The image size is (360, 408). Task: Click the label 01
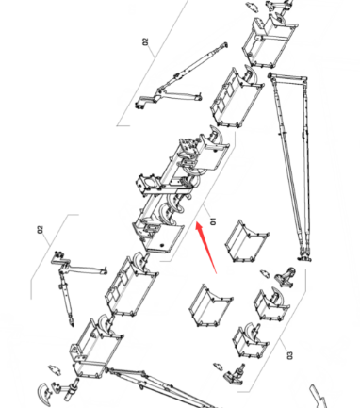[213, 221]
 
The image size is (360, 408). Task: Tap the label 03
[289, 355]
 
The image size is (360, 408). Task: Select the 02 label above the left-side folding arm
[41, 230]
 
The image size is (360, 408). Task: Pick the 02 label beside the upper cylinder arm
[145, 41]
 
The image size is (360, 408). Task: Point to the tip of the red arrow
[196, 222]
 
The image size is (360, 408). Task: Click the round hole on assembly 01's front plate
[162, 245]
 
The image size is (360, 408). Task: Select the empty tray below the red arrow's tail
[210, 305]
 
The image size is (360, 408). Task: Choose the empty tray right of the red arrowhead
[247, 241]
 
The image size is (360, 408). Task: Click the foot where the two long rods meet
[304, 258]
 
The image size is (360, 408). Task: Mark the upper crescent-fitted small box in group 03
[270, 304]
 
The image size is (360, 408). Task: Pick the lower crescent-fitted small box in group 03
[250, 340]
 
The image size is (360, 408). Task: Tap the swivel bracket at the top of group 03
[286, 278]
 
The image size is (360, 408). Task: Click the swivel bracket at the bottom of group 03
[235, 373]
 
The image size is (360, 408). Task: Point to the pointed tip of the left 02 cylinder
[72, 325]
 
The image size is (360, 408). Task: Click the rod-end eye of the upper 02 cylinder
[224, 45]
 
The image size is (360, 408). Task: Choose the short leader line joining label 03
[283, 345]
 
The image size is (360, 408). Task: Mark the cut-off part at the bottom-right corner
[318, 397]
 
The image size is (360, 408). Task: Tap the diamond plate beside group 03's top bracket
[266, 274]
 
